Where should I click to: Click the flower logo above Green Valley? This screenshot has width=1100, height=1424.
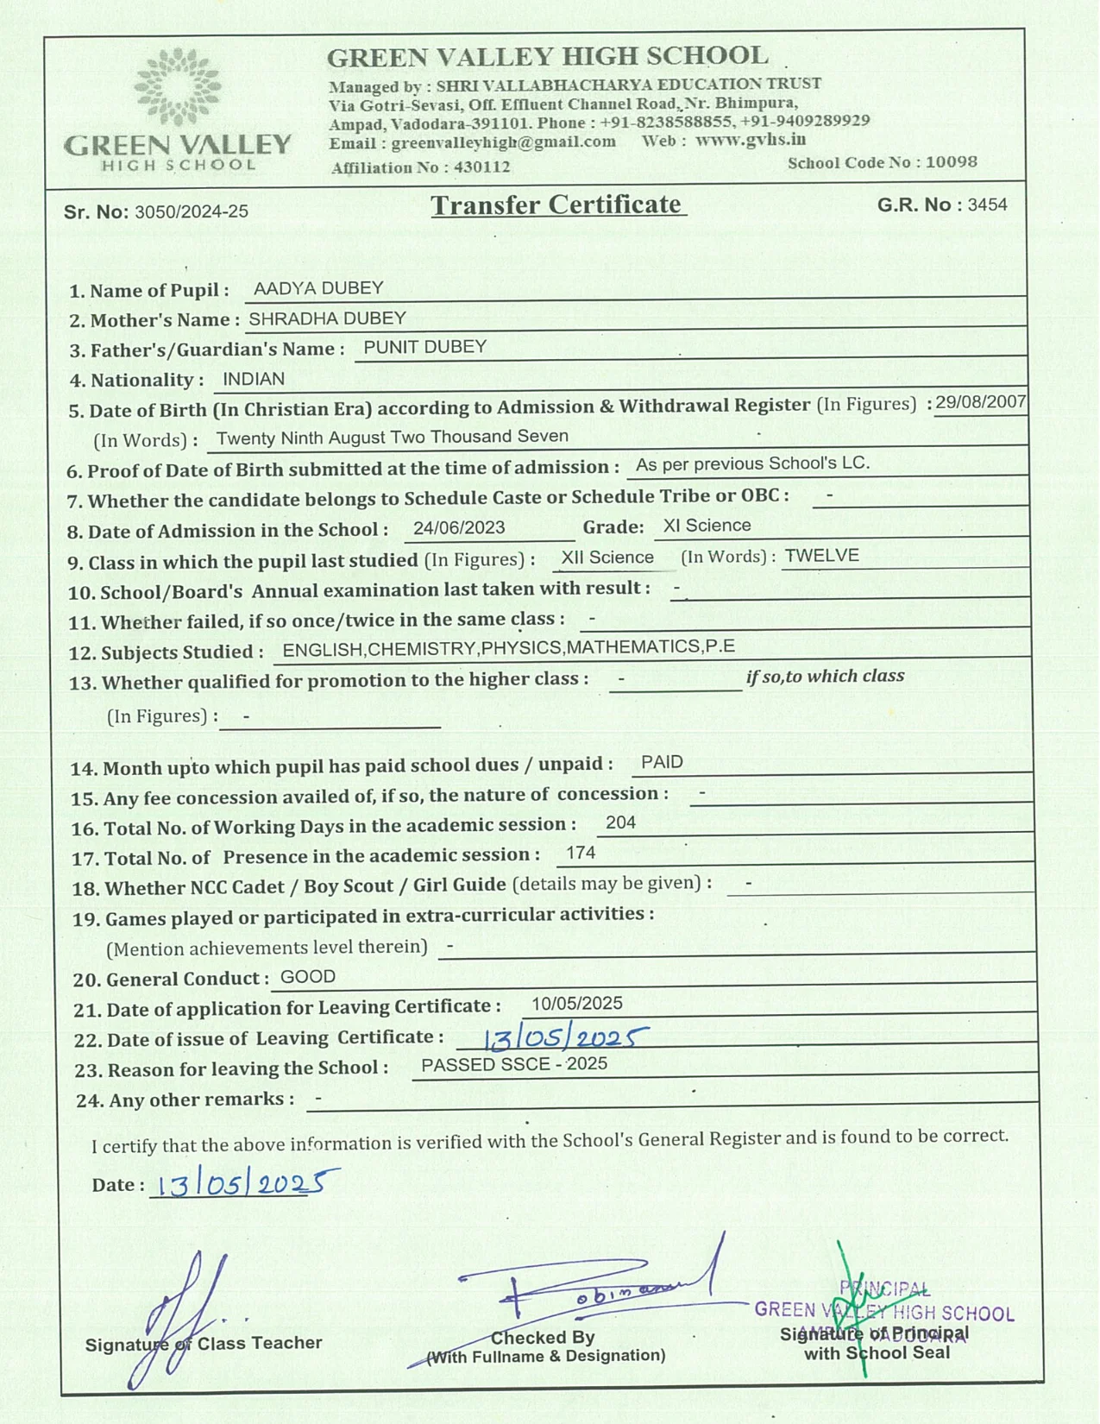click(x=178, y=86)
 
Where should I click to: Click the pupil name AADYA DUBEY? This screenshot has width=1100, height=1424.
click(x=318, y=288)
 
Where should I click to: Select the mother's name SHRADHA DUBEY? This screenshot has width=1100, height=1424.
click(x=327, y=318)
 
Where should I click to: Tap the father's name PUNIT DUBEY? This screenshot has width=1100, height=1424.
click(x=425, y=347)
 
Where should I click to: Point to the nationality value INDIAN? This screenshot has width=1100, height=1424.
click(x=254, y=379)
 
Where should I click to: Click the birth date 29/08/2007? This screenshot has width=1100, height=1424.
click(x=981, y=402)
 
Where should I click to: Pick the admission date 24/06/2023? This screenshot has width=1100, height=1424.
click(x=459, y=527)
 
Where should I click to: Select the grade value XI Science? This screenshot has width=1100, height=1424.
click(x=707, y=526)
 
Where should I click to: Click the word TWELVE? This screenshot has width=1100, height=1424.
click(x=821, y=556)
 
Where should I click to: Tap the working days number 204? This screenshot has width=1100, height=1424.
click(x=620, y=822)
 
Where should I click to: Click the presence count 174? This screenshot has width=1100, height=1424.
click(x=581, y=853)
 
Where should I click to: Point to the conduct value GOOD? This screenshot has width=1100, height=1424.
click(x=308, y=977)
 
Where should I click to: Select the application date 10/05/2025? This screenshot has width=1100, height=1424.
click(x=576, y=1003)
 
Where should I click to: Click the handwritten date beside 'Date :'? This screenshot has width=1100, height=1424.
click(x=245, y=1183)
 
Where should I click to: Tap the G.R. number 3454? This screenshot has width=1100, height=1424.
click(x=987, y=205)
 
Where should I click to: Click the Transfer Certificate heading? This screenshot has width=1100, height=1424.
click(x=556, y=205)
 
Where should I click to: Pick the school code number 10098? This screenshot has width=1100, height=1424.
click(x=951, y=162)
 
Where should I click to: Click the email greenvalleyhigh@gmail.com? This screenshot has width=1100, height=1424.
click(x=503, y=142)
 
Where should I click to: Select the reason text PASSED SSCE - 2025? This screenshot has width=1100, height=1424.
click(x=514, y=1064)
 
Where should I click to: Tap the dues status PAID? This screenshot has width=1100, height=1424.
click(x=662, y=762)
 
